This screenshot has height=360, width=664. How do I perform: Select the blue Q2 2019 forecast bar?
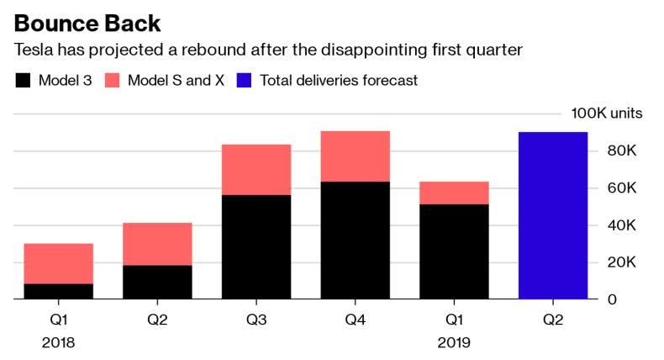pyautogui.click(x=552, y=215)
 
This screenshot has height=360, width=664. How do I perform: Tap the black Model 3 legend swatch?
pyautogui.click(x=23, y=81)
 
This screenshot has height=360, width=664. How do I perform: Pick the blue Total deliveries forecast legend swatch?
pyautogui.click(x=245, y=81)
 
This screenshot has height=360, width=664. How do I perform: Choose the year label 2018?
pyautogui.click(x=57, y=343)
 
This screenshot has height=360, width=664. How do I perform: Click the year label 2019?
pyautogui.click(x=454, y=343)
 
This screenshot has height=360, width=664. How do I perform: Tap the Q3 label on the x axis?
pyautogui.click(x=256, y=321)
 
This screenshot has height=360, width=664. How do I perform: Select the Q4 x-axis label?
pyautogui.click(x=355, y=321)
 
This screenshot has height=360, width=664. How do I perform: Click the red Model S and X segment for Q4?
pyautogui.click(x=355, y=156)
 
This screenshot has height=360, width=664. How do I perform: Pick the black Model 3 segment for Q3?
pyautogui.click(x=256, y=247)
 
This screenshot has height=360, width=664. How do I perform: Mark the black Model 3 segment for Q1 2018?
pyautogui.click(x=57, y=292)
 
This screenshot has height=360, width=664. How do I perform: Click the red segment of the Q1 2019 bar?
pyautogui.click(x=454, y=193)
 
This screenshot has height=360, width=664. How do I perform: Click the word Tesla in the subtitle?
pyautogui.click(x=33, y=50)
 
